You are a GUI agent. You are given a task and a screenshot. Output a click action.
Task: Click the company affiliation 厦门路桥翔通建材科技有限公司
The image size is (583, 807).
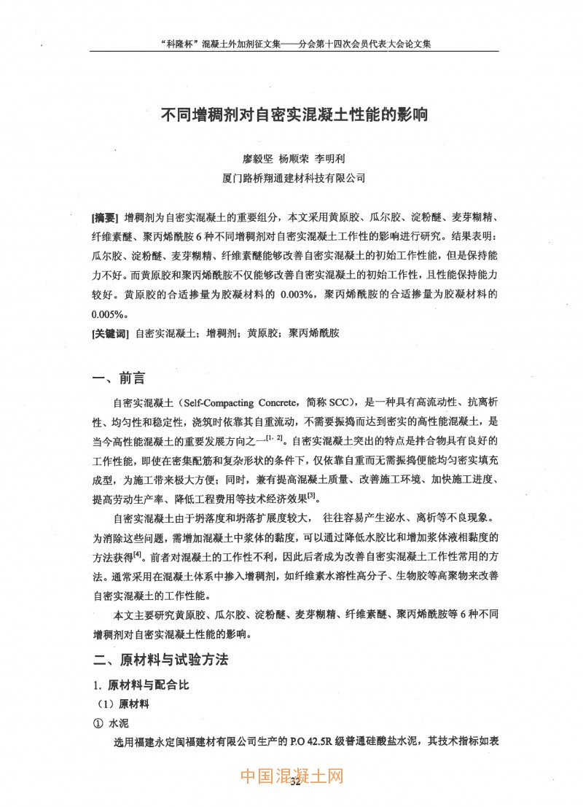click(293, 177)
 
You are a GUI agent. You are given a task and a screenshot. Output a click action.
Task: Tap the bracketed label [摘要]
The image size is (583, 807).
click(106, 218)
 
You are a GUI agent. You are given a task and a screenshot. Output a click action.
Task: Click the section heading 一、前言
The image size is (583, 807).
click(118, 378)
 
